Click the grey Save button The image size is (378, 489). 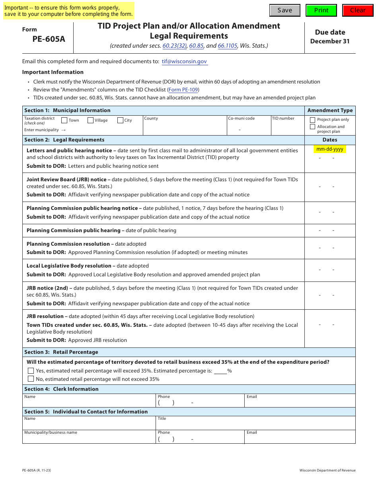pyautogui.click(x=284, y=10)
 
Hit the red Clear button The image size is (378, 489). pyautogui.click(x=357, y=10)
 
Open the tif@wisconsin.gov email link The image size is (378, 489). pyautogui.click(x=184, y=62)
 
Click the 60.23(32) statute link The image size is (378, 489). pyautogui.click(x=174, y=46)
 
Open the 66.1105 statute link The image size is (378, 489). pyautogui.click(x=227, y=46)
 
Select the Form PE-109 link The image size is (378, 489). pyautogui.click(x=183, y=90)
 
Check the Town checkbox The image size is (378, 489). pyautogui.click(x=64, y=120)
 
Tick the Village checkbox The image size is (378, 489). pyautogui.click(x=90, y=120)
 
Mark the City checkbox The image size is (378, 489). pyautogui.click(x=120, y=120)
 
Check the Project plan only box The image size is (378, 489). pyautogui.click(x=312, y=120)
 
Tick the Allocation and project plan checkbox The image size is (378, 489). pyautogui.click(x=312, y=127)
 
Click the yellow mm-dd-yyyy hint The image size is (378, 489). pyautogui.click(x=329, y=149)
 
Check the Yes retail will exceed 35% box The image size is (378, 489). pyautogui.click(x=31, y=371)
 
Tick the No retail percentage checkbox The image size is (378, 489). pyautogui.click(x=31, y=379)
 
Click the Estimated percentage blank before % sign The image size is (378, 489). pyautogui.click(x=220, y=371)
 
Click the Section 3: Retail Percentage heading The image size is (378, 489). pyautogui.click(x=61, y=352)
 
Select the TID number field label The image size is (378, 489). pyautogui.click(x=283, y=118)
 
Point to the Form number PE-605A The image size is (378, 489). pyautogui.click(x=49, y=39)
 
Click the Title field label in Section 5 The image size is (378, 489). pyautogui.click(x=162, y=419)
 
